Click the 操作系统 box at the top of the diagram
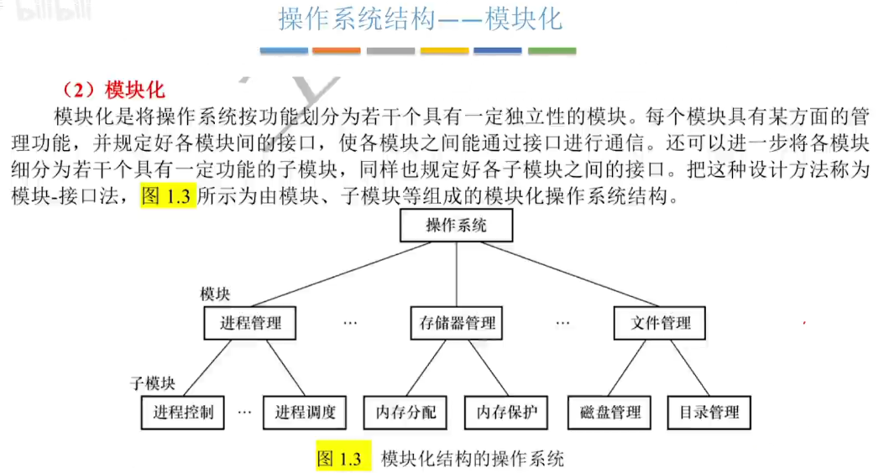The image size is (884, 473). point(456,226)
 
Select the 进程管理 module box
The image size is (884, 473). point(251,323)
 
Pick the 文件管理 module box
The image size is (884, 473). point(661,323)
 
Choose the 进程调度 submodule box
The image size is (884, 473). point(305,412)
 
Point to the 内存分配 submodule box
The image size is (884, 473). point(405,412)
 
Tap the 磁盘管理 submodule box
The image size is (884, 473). point(610,412)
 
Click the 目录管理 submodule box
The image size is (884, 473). point(709,412)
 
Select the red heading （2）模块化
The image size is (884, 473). point(114,89)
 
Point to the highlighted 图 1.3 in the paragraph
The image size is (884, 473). point(168,198)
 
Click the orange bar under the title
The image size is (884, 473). point(336,51)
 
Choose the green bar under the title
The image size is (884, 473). point(552,51)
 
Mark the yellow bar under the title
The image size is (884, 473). point(444,51)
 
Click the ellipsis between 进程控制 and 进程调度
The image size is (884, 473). point(244,413)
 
